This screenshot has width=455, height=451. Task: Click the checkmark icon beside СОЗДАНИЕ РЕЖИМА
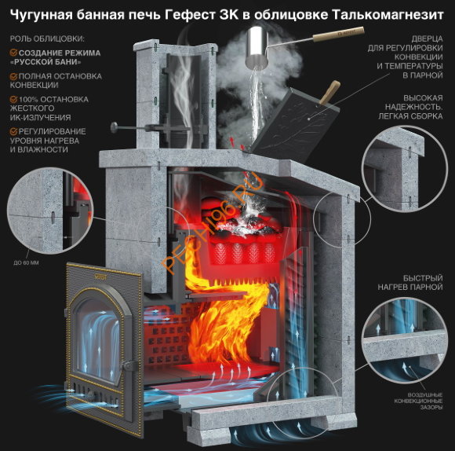tap(14, 53)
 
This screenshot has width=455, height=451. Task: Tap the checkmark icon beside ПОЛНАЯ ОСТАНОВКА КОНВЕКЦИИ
tap(14, 76)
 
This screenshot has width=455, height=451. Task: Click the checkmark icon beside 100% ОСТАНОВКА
tap(14, 99)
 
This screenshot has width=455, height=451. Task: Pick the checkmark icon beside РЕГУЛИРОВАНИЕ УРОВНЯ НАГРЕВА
tap(14, 131)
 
